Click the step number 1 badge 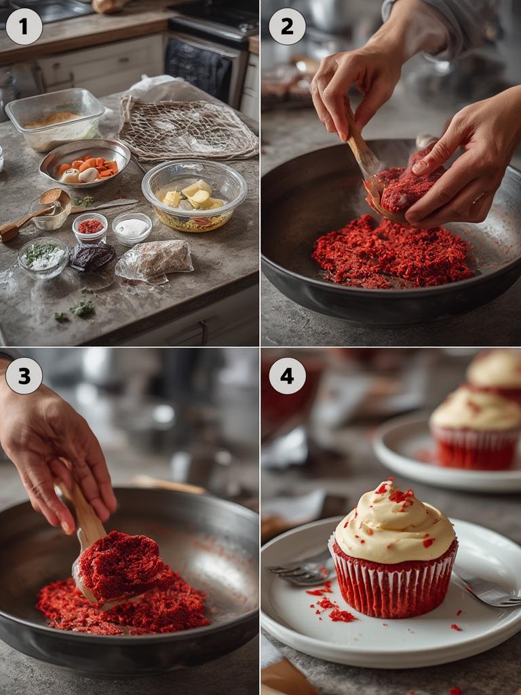[24, 26]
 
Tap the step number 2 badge [287, 26]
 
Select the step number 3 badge [24, 375]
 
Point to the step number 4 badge [287, 375]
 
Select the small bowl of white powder [132, 228]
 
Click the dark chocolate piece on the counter [92, 257]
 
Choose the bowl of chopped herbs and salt [43, 257]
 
